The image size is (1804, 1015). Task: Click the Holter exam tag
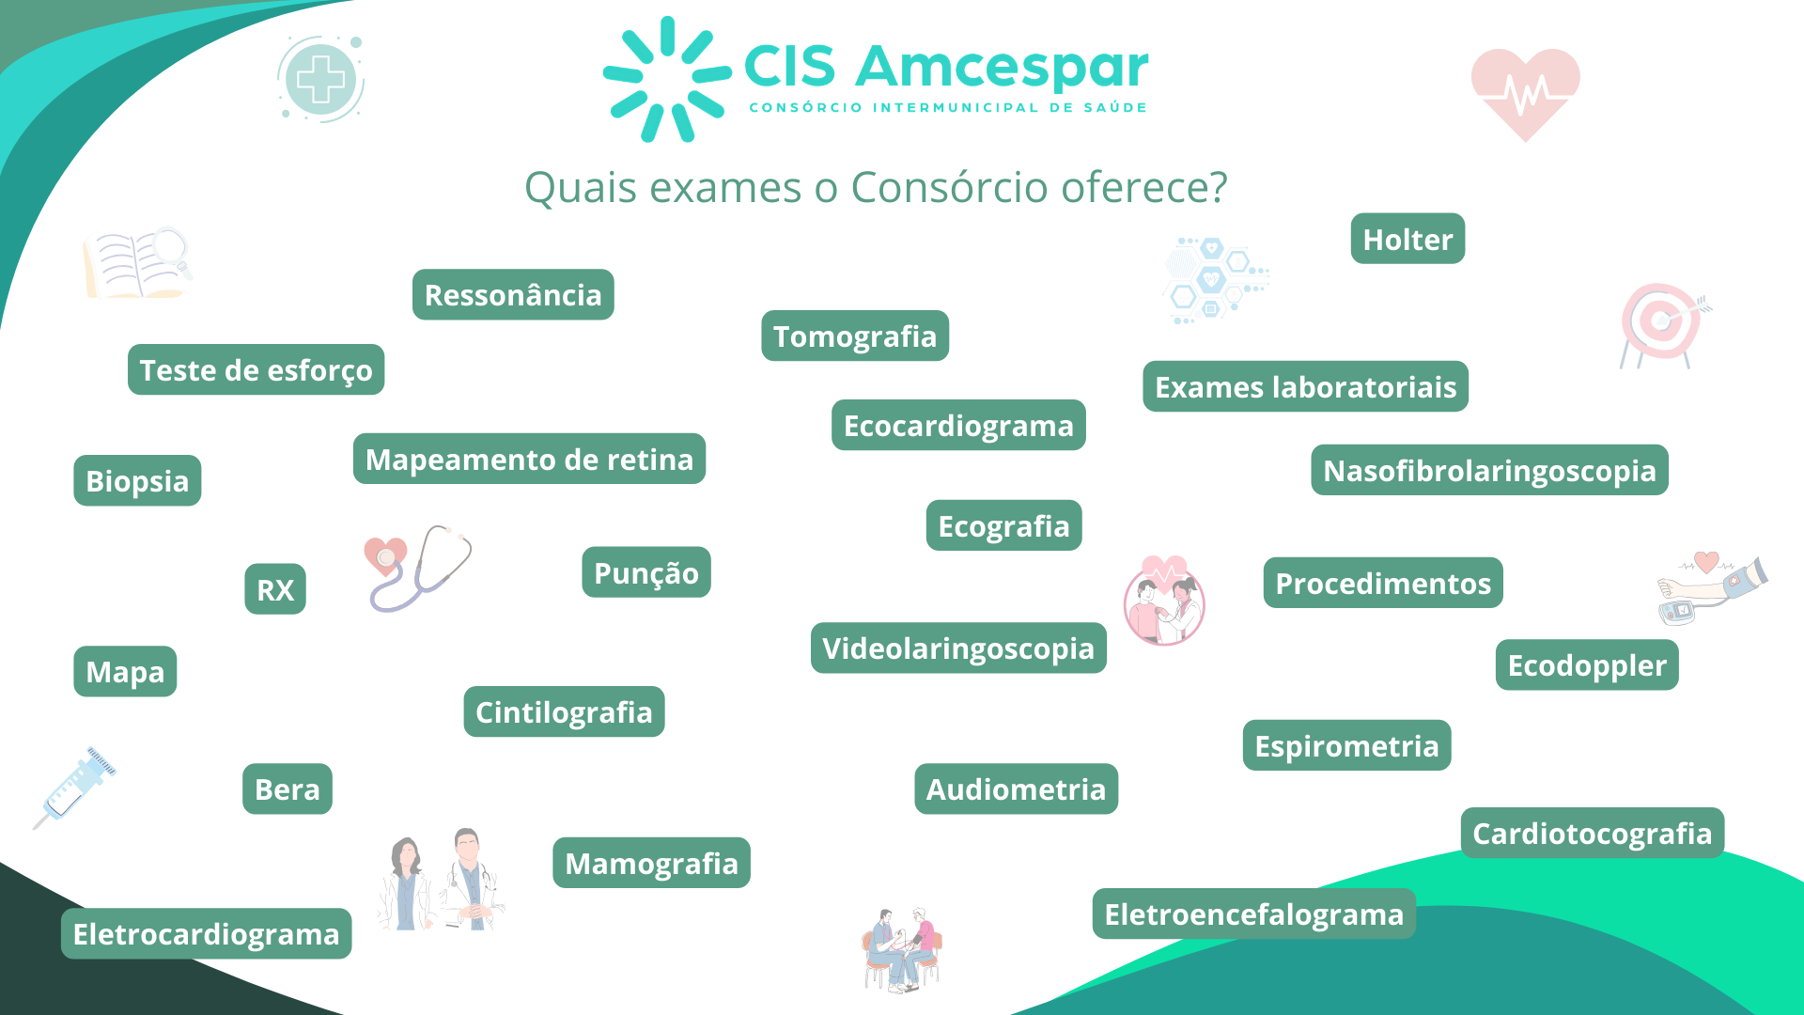click(1407, 239)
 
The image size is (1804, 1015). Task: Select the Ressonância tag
click(513, 294)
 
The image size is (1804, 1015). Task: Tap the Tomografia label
click(855, 336)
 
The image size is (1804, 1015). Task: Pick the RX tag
click(275, 589)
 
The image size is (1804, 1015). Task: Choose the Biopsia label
click(137, 480)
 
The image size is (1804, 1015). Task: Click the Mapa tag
click(125, 671)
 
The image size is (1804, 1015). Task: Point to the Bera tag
click(288, 789)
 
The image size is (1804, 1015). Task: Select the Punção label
click(646, 572)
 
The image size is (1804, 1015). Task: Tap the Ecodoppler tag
click(1587, 664)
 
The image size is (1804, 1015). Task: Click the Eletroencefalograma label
click(1253, 913)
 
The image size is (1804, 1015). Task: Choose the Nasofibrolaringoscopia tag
click(1489, 470)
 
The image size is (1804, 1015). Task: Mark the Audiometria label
click(1016, 789)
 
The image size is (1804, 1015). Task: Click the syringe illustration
click(75, 788)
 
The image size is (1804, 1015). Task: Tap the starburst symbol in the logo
click(666, 80)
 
